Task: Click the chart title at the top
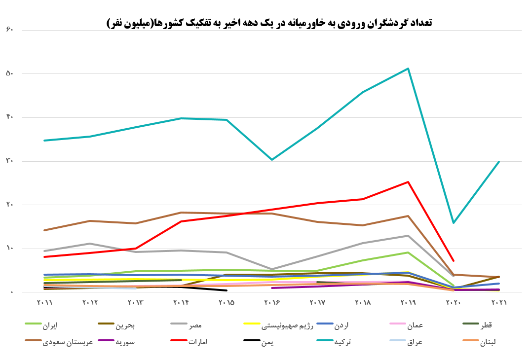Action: pyautogui.click(x=269, y=23)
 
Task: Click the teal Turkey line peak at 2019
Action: pyautogui.click(x=408, y=69)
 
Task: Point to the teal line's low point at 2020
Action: pyautogui.click(x=453, y=223)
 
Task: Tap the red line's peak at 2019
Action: pyautogui.click(x=408, y=182)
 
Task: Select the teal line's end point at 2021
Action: pyautogui.click(x=498, y=162)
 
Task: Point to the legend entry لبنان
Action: pyautogui.click(x=489, y=341)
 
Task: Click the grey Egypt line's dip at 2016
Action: pyautogui.click(x=271, y=269)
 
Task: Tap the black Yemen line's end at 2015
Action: pyautogui.click(x=226, y=290)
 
